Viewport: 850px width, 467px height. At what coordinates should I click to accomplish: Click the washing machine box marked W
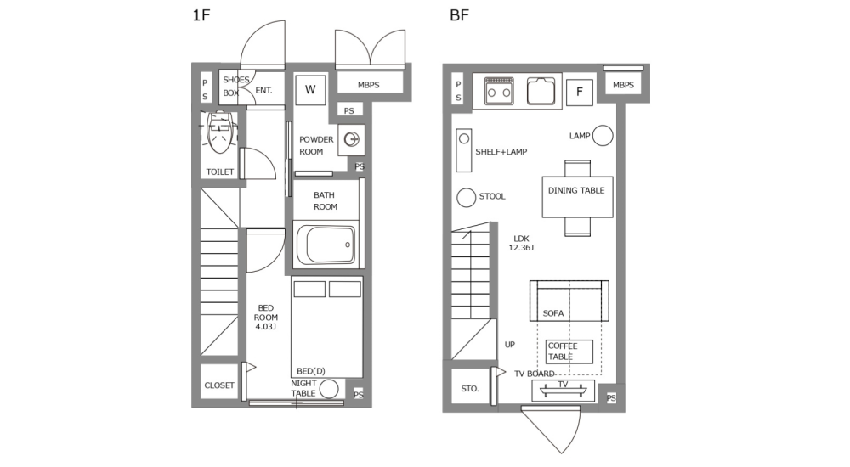310,90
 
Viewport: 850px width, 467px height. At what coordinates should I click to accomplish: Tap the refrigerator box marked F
580,91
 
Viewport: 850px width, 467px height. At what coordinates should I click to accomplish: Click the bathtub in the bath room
326,245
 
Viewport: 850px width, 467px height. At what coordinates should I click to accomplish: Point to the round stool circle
467,197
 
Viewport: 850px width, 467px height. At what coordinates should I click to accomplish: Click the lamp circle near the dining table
603,135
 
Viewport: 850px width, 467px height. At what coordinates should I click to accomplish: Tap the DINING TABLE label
576,191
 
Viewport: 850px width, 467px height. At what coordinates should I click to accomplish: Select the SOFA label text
552,313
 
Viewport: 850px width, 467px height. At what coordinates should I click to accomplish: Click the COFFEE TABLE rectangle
569,352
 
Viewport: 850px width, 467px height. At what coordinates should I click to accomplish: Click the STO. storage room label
470,389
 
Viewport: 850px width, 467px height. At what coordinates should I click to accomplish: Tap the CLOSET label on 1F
219,385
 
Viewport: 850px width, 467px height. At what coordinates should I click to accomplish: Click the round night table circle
328,389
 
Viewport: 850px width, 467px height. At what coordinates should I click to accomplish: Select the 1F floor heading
201,15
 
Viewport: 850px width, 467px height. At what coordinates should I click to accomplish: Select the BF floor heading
459,15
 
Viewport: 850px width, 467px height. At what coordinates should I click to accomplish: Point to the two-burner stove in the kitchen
499,90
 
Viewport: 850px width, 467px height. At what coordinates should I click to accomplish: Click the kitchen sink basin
541,90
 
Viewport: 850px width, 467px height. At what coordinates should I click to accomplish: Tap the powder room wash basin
351,138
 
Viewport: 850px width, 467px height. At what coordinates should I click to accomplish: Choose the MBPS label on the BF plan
623,85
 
